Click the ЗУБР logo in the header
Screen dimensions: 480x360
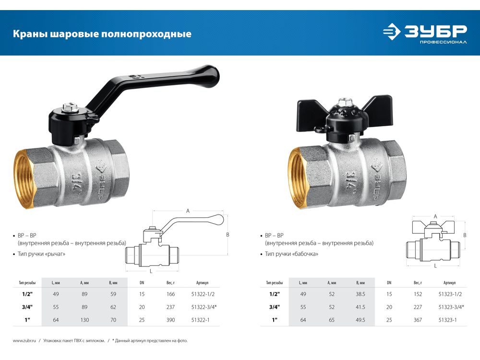click(x=425, y=34)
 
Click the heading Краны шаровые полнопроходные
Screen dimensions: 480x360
click(x=102, y=34)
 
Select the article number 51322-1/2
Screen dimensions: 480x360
click(x=203, y=294)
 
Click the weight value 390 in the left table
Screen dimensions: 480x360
click(x=170, y=320)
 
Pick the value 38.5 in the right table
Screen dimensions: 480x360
click(x=360, y=294)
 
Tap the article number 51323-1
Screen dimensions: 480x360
click(x=447, y=320)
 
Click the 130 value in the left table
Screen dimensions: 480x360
click(x=84, y=320)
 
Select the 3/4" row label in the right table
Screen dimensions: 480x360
click(x=275, y=307)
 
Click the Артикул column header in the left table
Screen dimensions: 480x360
click(x=202, y=283)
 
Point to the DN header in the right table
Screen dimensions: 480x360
click(x=389, y=283)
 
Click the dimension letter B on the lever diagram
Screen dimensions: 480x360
click(x=228, y=235)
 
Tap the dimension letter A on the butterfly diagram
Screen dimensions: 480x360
click(x=435, y=216)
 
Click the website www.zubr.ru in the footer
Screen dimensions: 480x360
click(x=24, y=340)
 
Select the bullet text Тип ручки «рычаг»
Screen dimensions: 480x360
click(x=41, y=254)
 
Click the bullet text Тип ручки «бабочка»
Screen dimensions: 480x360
click(x=291, y=254)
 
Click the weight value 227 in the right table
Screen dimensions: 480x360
click(x=418, y=307)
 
